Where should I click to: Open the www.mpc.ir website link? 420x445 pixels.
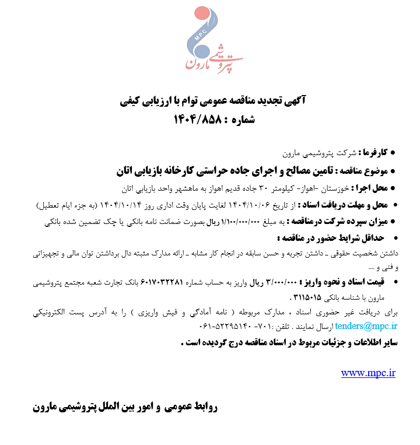click(368, 373)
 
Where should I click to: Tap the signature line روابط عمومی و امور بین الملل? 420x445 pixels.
click(125, 407)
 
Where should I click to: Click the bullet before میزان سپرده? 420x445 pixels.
click(392, 222)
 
